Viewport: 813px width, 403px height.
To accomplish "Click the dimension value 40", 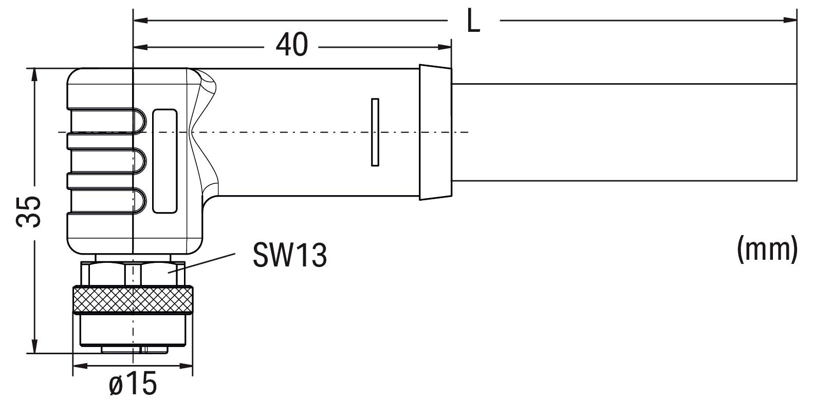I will pyautogui.click(x=291, y=45).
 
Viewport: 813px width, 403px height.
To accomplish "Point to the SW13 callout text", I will pyautogui.click(x=289, y=255).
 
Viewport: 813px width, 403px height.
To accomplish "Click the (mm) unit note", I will pyautogui.click(x=767, y=249).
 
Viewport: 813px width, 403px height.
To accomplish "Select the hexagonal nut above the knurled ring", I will pyautogui.click(x=133, y=274).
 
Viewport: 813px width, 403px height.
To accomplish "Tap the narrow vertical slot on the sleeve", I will pyautogui.click(x=375, y=132).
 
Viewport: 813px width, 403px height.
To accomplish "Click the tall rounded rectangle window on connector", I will pyautogui.click(x=165, y=161).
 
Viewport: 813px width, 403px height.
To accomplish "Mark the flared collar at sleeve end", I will pyautogui.click(x=435, y=132).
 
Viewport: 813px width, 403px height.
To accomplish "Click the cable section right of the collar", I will pyautogui.click(x=622, y=132).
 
